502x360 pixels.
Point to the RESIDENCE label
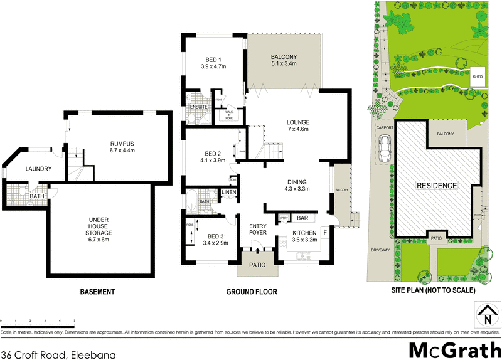pyautogui.click(x=438, y=186)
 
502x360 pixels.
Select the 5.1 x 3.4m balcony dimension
pyautogui.click(x=284, y=64)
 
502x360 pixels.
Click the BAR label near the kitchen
pyautogui.click(x=302, y=218)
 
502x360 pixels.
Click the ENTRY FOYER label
pyautogui.click(x=259, y=229)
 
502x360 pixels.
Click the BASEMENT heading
pyautogui.click(x=97, y=292)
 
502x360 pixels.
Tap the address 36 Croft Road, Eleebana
pyautogui.click(x=58, y=354)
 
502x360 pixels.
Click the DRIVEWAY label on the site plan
pyautogui.click(x=380, y=250)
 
